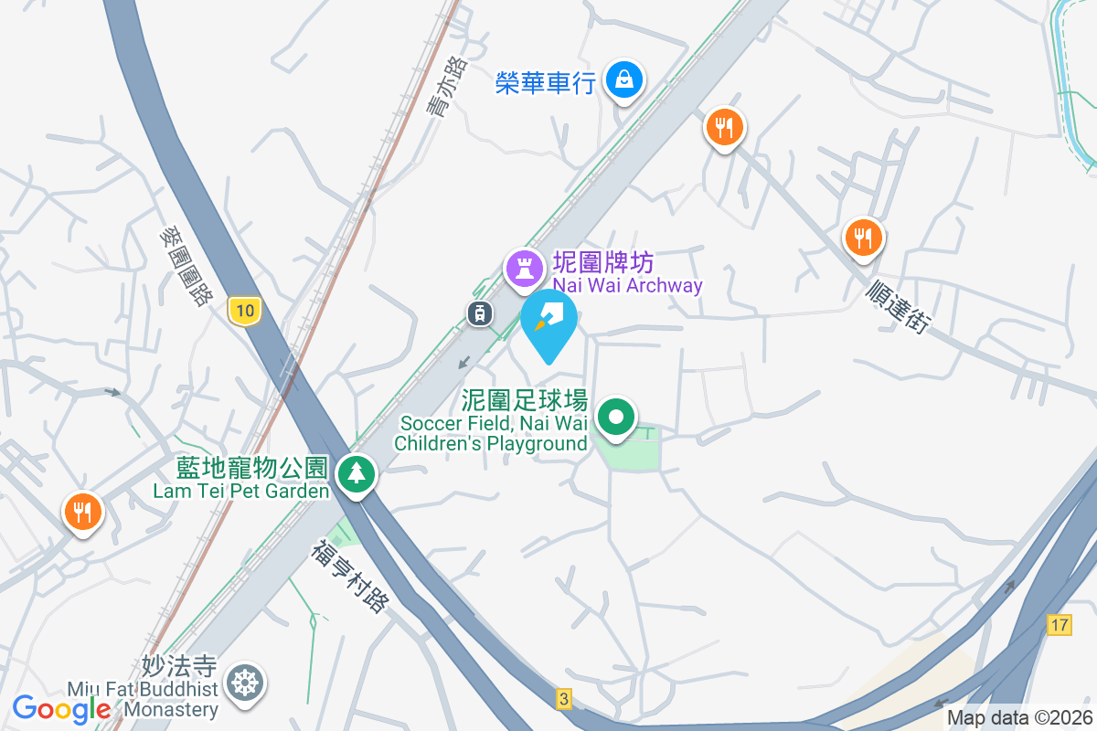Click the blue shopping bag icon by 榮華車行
point(624,80)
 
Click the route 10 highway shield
point(244,311)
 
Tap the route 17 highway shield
point(1059,626)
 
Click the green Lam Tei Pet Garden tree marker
point(356,473)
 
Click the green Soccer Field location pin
point(617,418)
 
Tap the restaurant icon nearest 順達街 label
point(862,238)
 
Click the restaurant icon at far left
point(82,511)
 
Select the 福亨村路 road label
point(351,577)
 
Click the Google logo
point(61,708)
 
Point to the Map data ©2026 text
point(1019,718)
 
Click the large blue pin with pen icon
point(548,320)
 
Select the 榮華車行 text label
point(546,83)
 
